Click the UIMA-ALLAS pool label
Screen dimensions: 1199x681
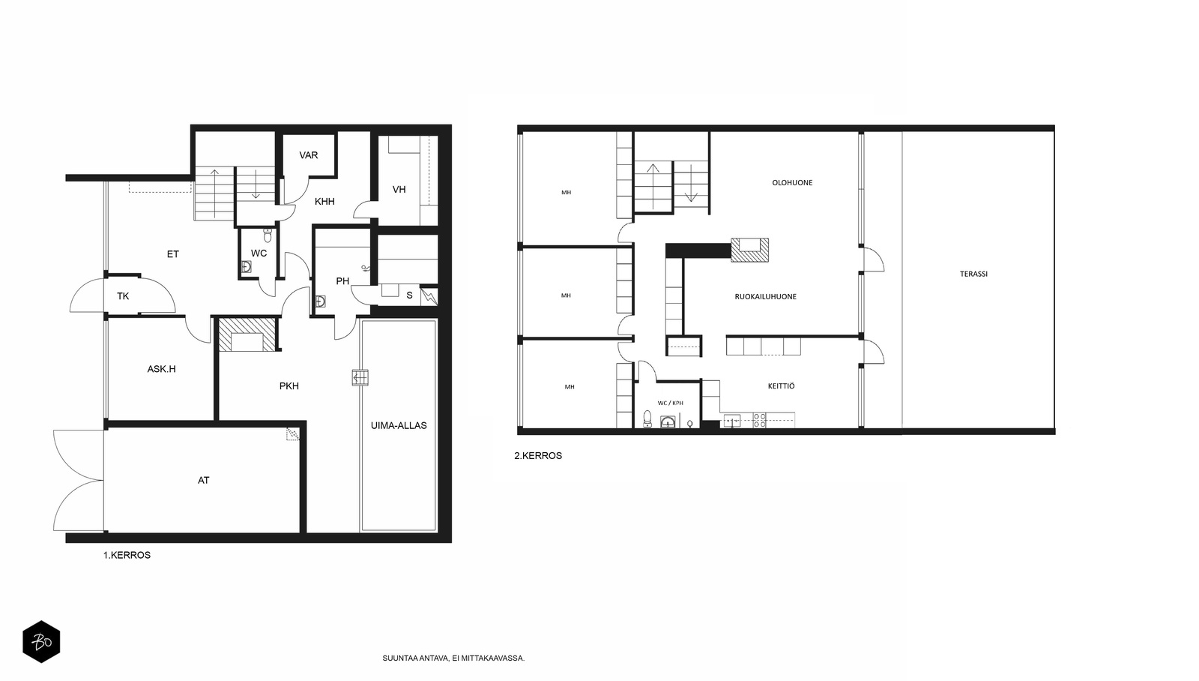[x=399, y=426]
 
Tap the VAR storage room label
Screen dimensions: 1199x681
[x=309, y=155]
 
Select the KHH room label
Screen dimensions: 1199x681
[x=325, y=202]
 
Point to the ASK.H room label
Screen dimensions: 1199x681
[x=162, y=369]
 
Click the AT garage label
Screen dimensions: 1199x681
[x=203, y=481]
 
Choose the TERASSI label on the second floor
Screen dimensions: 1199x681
[x=973, y=274]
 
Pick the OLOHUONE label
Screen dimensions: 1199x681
[x=792, y=183]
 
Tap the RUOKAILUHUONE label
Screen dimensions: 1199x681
[x=765, y=297]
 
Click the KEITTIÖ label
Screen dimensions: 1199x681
[x=782, y=385]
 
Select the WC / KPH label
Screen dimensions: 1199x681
[x=671, y=403]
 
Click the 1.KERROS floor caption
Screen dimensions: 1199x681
[x=127, y=556]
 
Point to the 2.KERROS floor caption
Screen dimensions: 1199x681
[x=538, y=456]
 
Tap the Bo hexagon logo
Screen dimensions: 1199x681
[x=41, y=642]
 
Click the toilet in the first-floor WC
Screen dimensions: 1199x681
[x=268, y=235]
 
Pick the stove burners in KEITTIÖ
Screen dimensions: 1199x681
[x=760, y=420]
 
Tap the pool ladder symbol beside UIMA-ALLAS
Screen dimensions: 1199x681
[x=360, y=378]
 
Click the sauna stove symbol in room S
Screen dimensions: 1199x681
[x=429, y=297]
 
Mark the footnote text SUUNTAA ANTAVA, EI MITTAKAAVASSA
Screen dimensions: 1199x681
[x=453, y=658]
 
